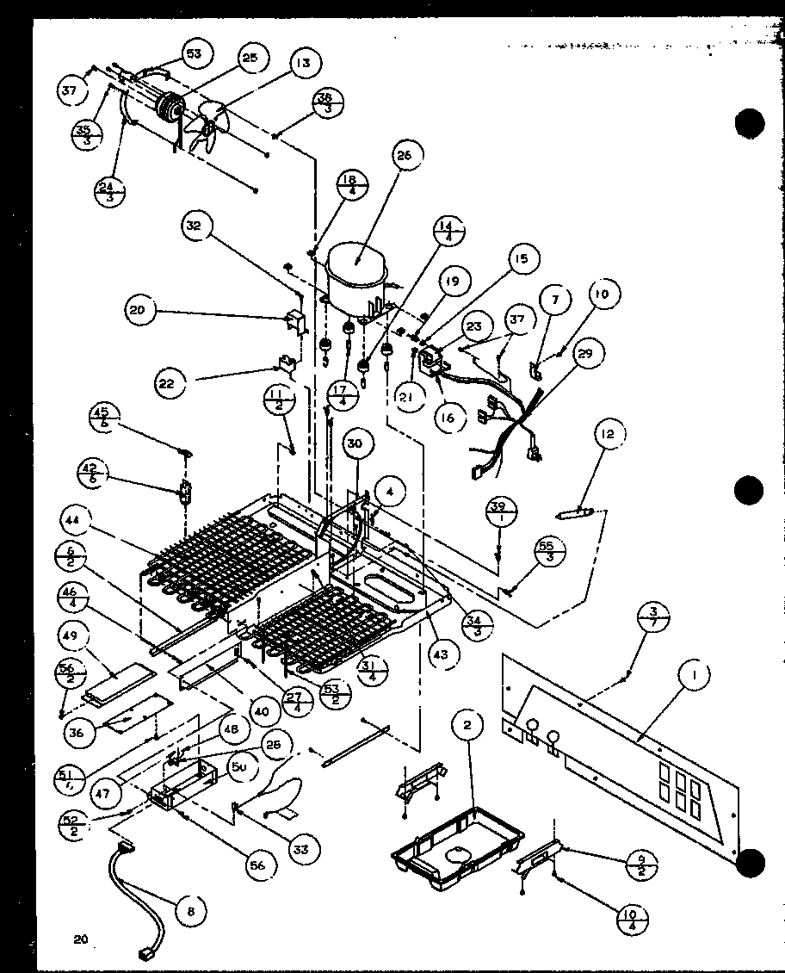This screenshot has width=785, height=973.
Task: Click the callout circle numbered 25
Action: point(249,59)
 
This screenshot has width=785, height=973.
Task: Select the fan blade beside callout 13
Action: point(207,126)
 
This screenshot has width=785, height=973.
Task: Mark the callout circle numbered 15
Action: point(522,258)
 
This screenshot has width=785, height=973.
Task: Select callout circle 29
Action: point(589,354)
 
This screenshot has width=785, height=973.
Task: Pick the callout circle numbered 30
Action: point(355,443)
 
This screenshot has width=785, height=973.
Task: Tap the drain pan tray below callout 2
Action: point(457,839)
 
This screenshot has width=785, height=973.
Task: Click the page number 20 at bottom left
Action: point(82,939)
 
